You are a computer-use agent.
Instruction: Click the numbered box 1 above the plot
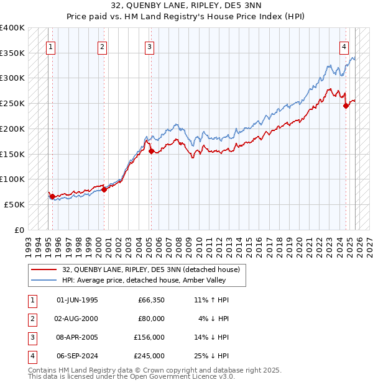click(x=50, y=45)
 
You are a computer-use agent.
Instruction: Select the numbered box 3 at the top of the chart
click(x=150, y=45)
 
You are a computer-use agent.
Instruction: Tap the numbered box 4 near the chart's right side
click(x=344, y=45)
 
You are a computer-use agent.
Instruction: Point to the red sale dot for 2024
click(x=346, y=106)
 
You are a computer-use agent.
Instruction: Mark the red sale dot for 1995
click(x=52, y=196)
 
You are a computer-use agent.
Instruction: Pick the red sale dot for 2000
click(x=104, y=189)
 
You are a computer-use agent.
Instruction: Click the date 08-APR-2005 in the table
click(x=77, y=337)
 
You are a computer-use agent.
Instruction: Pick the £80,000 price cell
click(x=151, y=319)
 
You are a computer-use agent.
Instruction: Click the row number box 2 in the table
click(x=30, y=319)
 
